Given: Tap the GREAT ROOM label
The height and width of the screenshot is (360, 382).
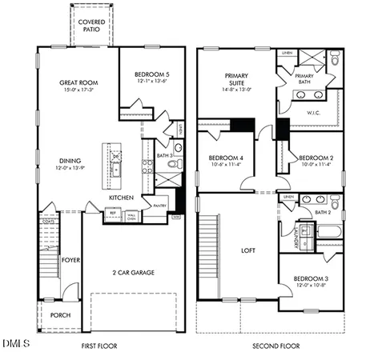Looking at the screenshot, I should coord(77,82).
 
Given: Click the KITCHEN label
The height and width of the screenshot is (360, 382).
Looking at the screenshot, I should coord(121,197).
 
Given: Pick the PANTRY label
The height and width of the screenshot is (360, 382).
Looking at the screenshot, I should coord(159,205).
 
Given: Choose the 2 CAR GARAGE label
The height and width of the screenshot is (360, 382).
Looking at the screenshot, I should coord(133,272).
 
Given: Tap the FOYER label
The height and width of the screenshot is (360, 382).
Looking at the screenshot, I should coord(72,259).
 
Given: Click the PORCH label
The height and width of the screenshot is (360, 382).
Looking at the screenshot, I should coord(61,315).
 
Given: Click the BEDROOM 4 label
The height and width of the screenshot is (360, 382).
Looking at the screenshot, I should coord(226,158).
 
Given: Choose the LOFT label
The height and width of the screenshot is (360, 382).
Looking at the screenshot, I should coord(247,250).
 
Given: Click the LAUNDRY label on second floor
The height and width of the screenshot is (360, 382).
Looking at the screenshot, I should coord(296,237).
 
